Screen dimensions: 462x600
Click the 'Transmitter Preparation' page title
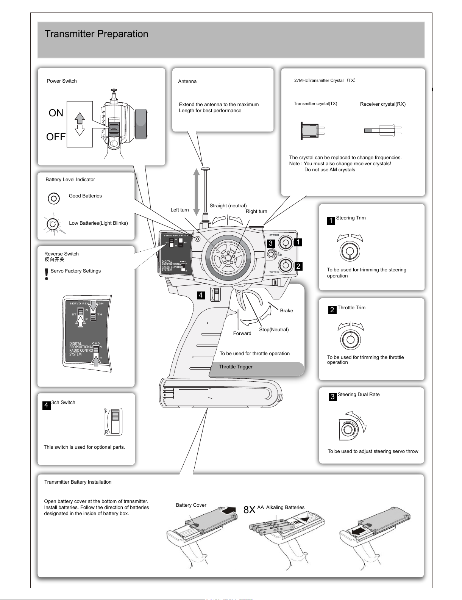(96, 34)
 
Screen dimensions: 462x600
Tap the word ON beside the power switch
(56, 113)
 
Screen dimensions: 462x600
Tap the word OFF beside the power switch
(56, 137)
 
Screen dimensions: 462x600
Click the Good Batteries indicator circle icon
(54, 198)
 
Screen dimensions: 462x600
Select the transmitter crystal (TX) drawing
(313, 131)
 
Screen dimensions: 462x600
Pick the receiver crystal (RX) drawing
(383, 130)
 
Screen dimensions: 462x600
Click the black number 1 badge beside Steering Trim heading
(331, 221)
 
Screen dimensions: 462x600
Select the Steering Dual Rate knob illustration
(352, 426)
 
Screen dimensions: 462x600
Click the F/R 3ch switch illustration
(113, 421)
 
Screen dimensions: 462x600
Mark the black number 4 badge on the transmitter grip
(201, 295)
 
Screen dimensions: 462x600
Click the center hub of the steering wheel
(228, 257)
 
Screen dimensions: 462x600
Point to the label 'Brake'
(286, 311)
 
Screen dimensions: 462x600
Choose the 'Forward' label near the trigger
(242, 333)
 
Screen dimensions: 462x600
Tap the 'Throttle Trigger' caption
(236, 367)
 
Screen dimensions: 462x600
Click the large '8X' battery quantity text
(249, 510)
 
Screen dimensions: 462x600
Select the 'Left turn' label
(179, 210)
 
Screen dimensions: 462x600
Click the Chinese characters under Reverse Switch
(54, 259)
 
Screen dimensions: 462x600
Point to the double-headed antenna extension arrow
(197, 192)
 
